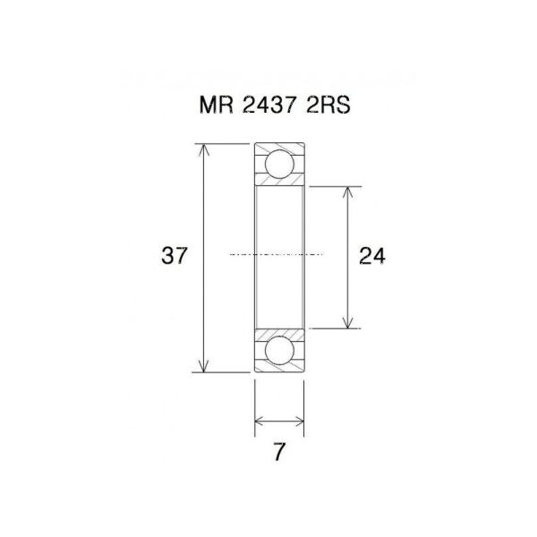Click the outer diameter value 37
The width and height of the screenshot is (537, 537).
175,256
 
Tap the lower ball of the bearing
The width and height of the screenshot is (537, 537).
279,350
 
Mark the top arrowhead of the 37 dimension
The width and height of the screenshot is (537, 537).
205,149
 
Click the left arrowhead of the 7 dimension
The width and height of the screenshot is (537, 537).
260,419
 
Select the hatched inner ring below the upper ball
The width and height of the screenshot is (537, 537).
279,182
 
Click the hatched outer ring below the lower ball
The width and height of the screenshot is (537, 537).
279,367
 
